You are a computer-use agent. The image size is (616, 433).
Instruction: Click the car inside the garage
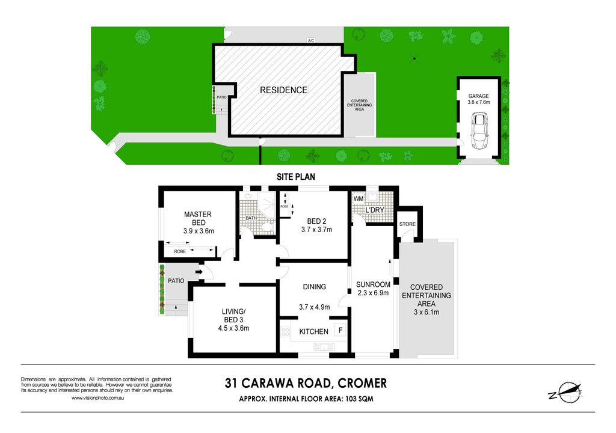(x=479, y=131)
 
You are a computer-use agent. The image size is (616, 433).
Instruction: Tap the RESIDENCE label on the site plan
(x=284, y=90)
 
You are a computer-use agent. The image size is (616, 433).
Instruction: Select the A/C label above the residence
(x=311, y=40)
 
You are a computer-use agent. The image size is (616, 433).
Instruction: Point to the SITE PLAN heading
(x=296, y=177)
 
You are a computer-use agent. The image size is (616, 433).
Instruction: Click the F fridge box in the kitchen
(x=340, y=330)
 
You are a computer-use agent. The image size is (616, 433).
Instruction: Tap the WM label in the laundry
(x=359, y=199)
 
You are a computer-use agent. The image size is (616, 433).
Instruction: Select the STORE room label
(x=407, y=224)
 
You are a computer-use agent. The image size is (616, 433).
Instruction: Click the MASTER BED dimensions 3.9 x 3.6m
(x=199, y=231)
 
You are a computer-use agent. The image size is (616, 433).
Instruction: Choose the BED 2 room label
(x=316, y=221)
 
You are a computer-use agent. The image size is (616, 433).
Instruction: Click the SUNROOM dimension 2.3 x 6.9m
(x=373, y=293)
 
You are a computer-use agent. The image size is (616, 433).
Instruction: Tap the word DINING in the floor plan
(x=314, y=287)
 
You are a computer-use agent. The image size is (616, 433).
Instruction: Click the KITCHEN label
(x=313, y=331)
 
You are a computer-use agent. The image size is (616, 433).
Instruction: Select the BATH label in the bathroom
(x=251, y=218)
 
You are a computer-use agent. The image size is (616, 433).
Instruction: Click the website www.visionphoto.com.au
(x=98, y=398)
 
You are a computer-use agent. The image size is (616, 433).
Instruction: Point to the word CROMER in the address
(x=362, y=383)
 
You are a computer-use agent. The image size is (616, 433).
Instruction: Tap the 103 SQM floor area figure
(x=359, y=399)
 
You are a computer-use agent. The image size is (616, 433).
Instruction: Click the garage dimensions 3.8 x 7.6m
(x=478, y=102)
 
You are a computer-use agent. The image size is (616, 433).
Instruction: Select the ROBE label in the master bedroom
(x=180, y=251)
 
